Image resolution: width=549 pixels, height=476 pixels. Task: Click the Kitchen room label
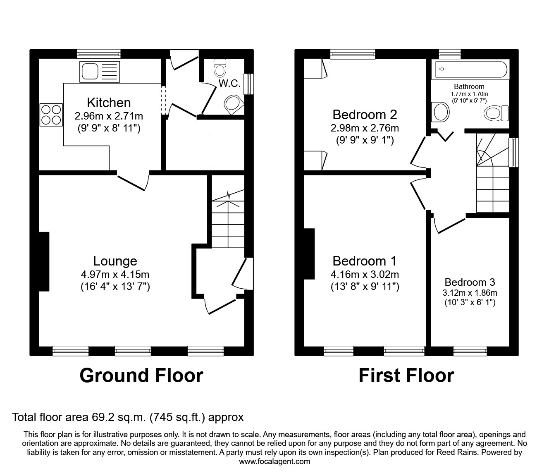click(109, 103)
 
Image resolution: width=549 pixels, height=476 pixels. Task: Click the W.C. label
click(229, 83)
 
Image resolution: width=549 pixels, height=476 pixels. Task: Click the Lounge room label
click(115, 261)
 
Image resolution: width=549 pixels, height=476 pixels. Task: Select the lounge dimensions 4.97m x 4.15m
click(115, 274)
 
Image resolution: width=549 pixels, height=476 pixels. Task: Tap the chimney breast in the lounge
click(44, 261)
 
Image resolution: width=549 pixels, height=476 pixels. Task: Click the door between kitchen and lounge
click(133, 180)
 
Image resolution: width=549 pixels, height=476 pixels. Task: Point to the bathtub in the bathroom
click(469, 70)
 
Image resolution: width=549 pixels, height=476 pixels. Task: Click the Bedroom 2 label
click(365, 114)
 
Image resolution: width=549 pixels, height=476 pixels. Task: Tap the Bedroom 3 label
click(470, 282)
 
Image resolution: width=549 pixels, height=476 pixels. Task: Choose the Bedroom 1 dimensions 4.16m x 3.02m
click(365, 274)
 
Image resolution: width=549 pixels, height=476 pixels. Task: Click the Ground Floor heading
click(141, 376)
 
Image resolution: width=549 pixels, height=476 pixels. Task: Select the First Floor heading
click(406, 376)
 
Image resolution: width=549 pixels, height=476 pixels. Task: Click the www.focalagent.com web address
click(274, 462)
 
